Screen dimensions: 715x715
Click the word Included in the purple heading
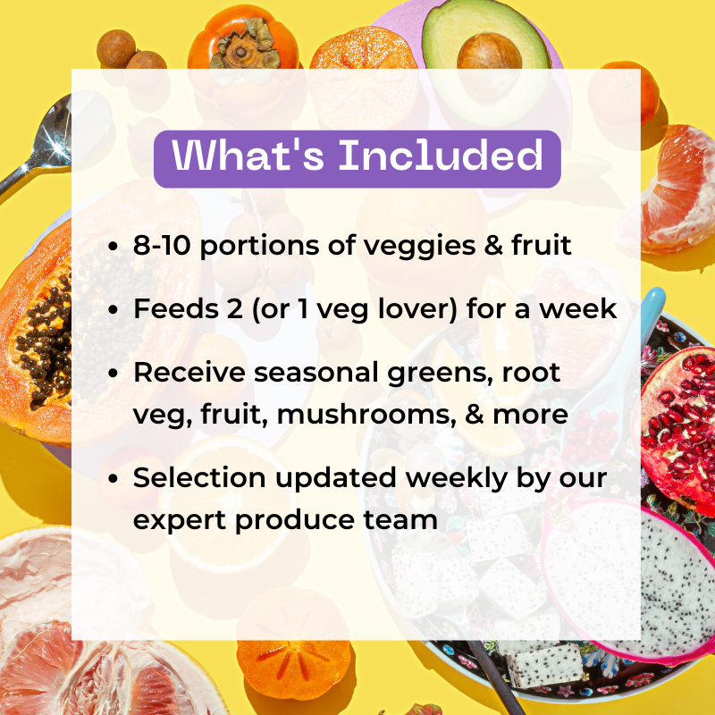[441, 155]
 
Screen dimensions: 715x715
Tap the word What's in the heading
[248, 155]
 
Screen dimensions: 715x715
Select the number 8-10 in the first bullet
[163, 245]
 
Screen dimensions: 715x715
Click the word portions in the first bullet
[259, 247]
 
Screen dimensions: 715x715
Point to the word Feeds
[176, 308]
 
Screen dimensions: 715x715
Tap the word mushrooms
[366, 415]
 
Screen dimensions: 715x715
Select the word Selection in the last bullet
[199, 478]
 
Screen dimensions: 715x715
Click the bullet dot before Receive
[114, 374]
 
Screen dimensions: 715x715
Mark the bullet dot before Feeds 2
[114, 310]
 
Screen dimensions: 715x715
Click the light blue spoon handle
[652, 315]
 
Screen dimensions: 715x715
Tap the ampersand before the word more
[475, 415]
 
